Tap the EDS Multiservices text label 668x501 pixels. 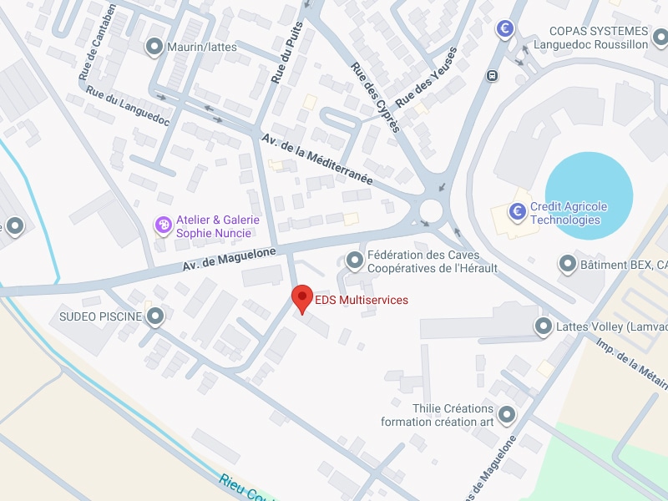click(361, 300)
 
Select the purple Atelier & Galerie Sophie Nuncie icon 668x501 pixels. click(164, 225)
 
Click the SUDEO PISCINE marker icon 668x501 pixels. click(155, 316)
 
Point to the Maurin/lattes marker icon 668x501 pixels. click(154, 47)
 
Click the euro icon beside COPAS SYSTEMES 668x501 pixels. click(504, 29)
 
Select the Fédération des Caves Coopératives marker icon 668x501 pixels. click(356, 261)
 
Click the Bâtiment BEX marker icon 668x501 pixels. click(567, 265)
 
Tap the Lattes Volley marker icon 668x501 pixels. click(544, 326)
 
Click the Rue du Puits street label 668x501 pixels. click(285, 52)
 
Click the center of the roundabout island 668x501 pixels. click(432, 209)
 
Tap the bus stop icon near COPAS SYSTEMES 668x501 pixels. click(492, 75)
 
